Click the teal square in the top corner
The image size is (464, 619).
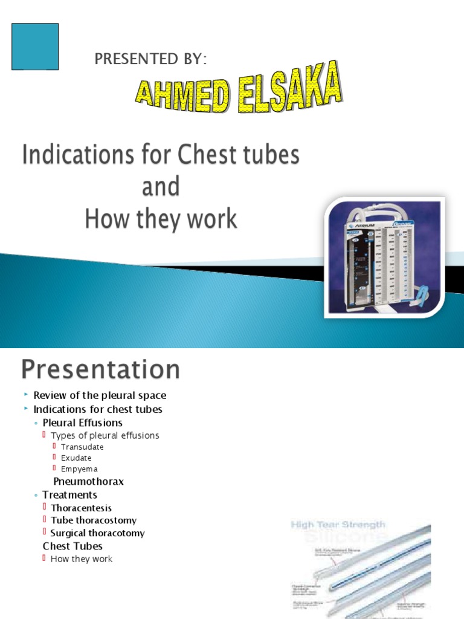point(35,47)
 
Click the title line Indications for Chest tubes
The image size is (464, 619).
point(161,155)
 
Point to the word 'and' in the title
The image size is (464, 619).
point(161,187)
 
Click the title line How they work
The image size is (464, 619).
point(161,219)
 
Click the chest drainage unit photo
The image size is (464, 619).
point(385,256)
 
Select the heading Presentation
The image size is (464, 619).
point(101,369)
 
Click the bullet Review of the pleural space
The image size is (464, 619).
point(100,395)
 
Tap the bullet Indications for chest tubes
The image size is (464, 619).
point(98,409)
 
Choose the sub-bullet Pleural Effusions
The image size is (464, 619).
point(82,423)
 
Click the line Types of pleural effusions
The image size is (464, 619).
point(105,435)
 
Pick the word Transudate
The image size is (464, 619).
point(82,447)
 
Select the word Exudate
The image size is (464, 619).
point(76,458)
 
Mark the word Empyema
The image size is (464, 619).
point(79,468)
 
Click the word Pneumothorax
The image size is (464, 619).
point(89,482)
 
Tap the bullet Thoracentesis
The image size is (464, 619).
point(81,508)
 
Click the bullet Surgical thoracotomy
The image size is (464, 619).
point(97,533)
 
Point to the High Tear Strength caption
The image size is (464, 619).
point(338,525)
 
